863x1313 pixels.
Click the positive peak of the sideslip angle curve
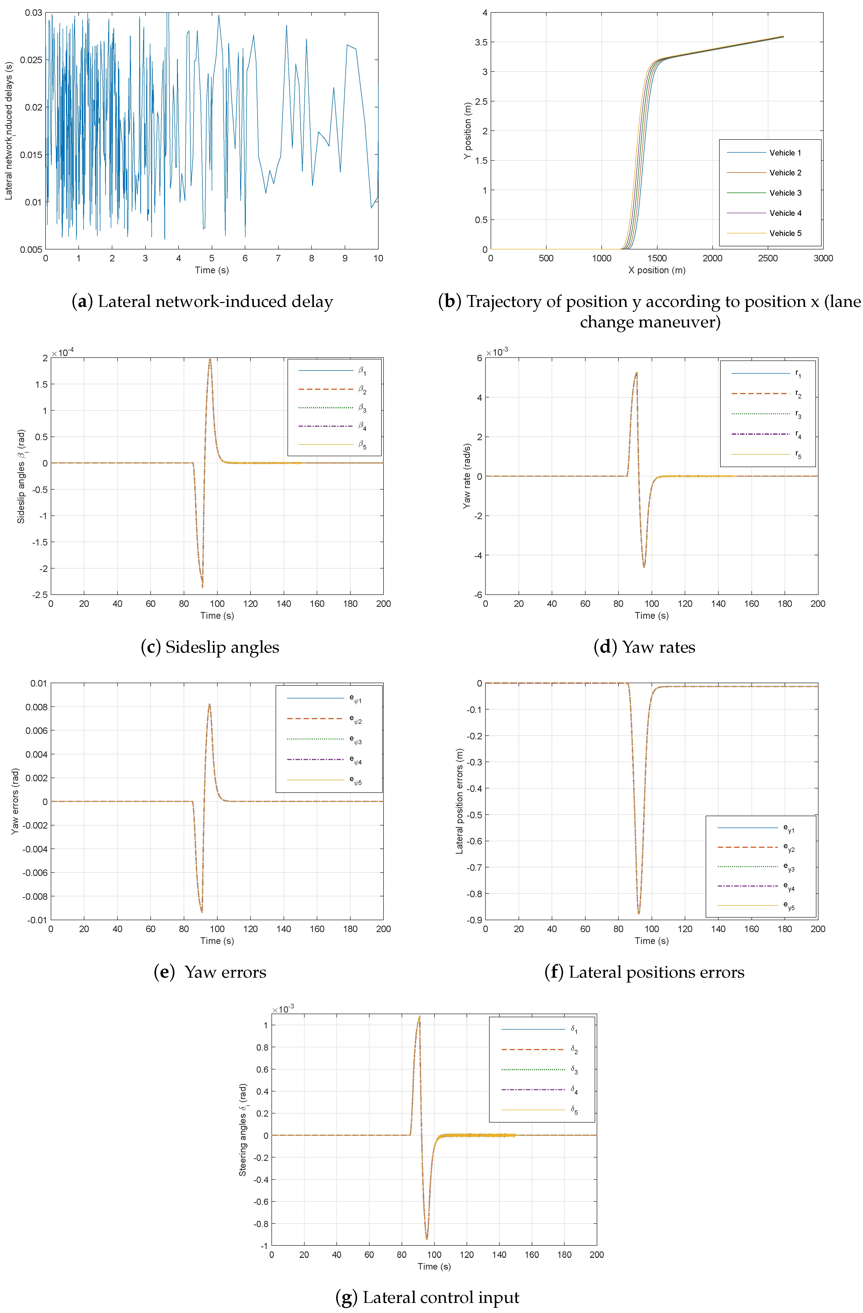pos(210,360)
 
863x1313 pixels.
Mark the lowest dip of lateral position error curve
pos(638,913)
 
